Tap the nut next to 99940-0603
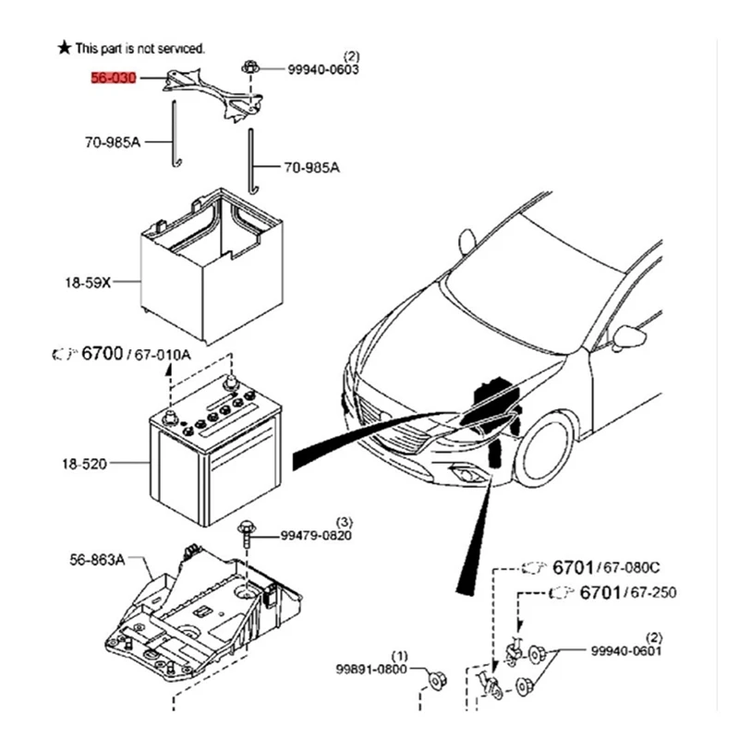pos(250,67)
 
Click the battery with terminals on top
pos(214,457)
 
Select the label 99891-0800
pos(370,668)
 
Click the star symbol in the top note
pos(64,46)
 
